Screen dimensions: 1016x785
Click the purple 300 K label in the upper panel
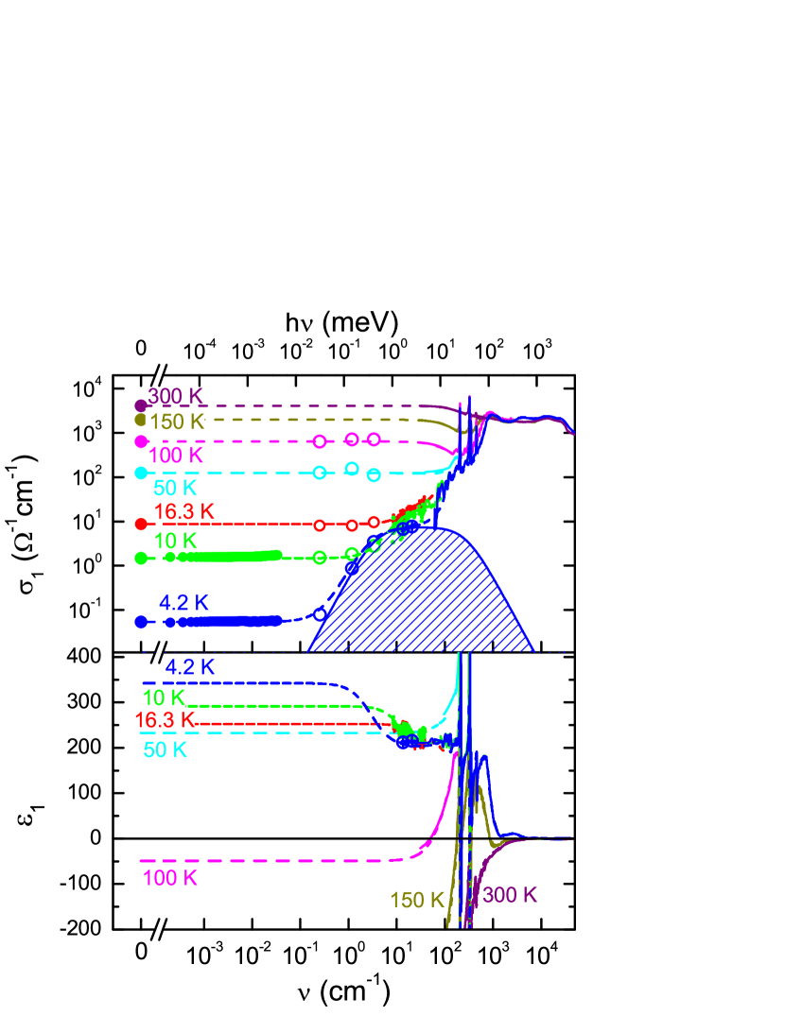point(175,395)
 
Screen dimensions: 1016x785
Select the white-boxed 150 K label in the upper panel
point(176,422)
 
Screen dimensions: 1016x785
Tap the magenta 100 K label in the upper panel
point(175,455)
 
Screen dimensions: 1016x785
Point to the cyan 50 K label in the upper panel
point(175,488)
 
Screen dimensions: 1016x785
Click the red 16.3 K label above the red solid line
point(184,511)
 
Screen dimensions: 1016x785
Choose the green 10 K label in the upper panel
point(175,541)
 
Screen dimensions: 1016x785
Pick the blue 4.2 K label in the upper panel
point(183,602)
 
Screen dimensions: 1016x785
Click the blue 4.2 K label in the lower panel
point(190,666)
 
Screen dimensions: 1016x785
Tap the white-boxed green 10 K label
point(163,697)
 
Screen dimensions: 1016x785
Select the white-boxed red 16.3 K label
point(165,720)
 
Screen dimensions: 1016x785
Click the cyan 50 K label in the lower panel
point(166,750)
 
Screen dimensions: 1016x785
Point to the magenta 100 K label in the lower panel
point(170,878)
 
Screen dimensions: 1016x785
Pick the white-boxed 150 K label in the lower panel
point(416,900)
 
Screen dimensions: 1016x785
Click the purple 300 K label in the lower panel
point(510,894)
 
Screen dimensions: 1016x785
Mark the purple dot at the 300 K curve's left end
point(141,405)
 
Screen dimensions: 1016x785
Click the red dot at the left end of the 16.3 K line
point(141,524)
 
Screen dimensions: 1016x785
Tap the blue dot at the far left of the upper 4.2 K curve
point(141,622)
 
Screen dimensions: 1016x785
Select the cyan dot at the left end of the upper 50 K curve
point(141,473)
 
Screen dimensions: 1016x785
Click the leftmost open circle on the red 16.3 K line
point(320,525)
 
